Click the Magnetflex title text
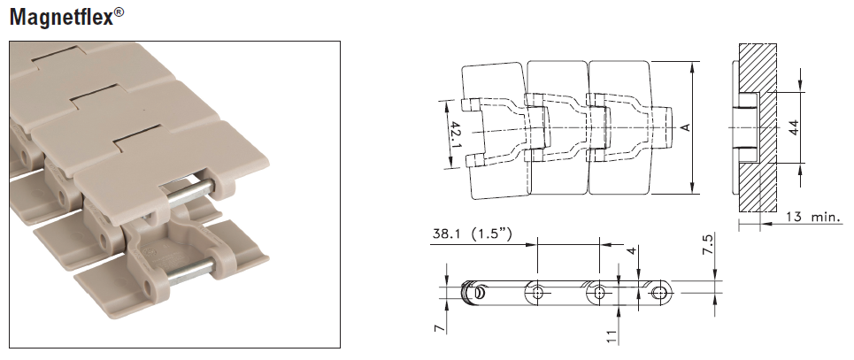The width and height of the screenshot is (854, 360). coord(62,17)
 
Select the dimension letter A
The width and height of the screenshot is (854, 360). coord(686,127)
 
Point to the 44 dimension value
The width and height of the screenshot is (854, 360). coord(794,127)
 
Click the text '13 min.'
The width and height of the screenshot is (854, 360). coord(813,218)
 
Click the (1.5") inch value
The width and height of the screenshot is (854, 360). coord(491,234)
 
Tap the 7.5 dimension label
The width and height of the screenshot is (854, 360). coord(707,244)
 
